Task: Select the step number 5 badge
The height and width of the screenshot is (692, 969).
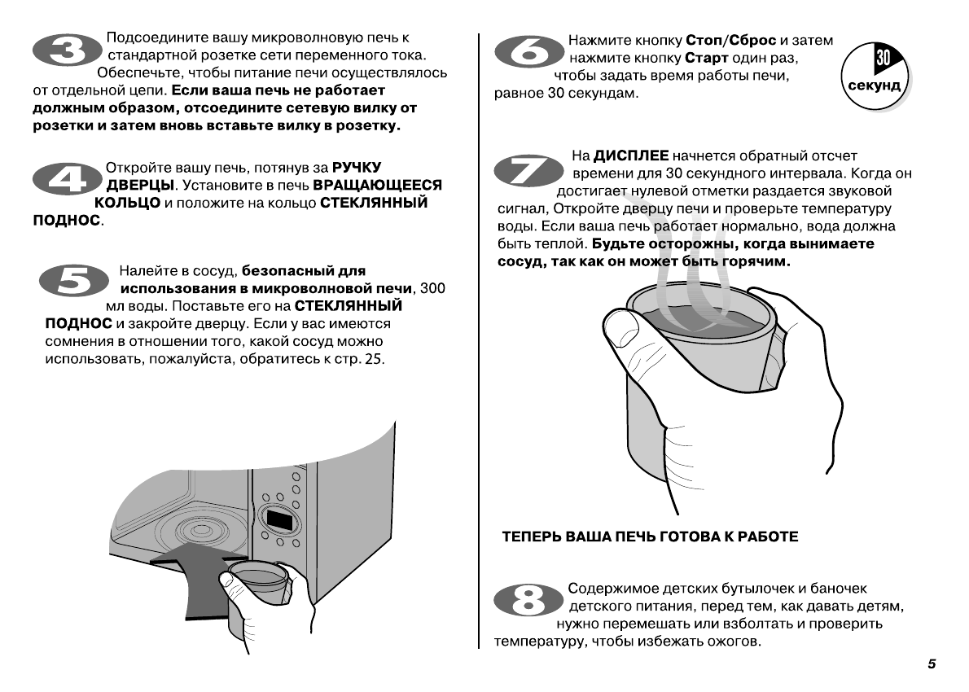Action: click(74, 282)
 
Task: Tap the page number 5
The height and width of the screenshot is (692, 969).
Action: click(931, 664)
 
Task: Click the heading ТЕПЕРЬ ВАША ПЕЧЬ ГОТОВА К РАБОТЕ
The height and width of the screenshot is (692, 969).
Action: click(649, 537)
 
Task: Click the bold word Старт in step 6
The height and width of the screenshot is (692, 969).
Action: click(705, 59)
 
